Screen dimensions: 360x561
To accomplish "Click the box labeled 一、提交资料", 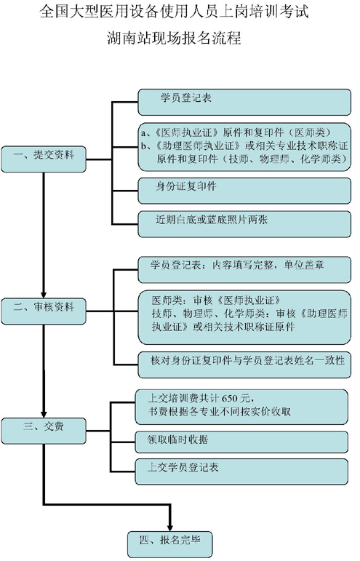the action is tap(44, 159).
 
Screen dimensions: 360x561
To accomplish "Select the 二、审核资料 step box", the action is tap(44, 311).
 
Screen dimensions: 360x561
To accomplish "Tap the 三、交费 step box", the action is tap(44, 431).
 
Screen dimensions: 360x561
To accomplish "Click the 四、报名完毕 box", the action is tap(169, 544).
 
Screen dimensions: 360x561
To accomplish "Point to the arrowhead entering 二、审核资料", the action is tap(44, 293).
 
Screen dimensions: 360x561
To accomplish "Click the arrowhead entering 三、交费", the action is tap(44, 413).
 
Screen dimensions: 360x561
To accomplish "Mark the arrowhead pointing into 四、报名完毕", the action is tap(169, 526).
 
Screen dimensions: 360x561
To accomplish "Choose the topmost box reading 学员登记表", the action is tap(244, 102).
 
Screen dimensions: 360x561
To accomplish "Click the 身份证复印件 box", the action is tap(244, 191).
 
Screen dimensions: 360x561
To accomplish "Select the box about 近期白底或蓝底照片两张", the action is tap(244, 224).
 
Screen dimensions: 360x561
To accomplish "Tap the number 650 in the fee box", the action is tap(230, 398).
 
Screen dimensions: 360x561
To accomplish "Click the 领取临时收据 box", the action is tap(241, 442).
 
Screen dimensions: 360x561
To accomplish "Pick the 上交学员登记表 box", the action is tap(241, 472).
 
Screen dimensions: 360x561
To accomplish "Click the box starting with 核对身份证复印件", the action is tap(244, 365).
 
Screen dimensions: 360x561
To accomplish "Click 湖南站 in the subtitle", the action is tap(123, 37).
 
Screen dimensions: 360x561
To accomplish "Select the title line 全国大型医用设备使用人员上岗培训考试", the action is tap(174, 12).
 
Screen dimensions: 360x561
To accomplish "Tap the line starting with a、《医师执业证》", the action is tap(236, 132).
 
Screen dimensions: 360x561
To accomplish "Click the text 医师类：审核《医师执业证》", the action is tap(216, 300).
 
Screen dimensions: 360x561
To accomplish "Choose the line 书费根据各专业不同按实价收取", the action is tap(220, 411).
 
